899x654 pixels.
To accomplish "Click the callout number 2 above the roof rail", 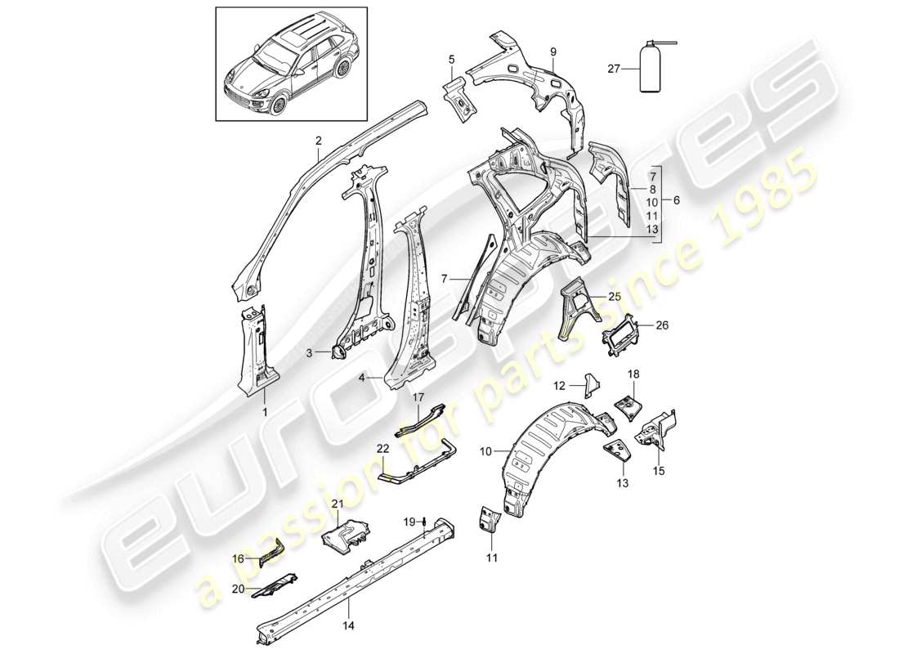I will (319, 141).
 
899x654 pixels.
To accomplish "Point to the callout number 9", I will (553, 52).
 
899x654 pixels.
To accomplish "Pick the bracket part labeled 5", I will (463, 99).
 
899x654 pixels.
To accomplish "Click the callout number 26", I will (662, 325).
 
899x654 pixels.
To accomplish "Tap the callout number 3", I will (310, 353).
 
